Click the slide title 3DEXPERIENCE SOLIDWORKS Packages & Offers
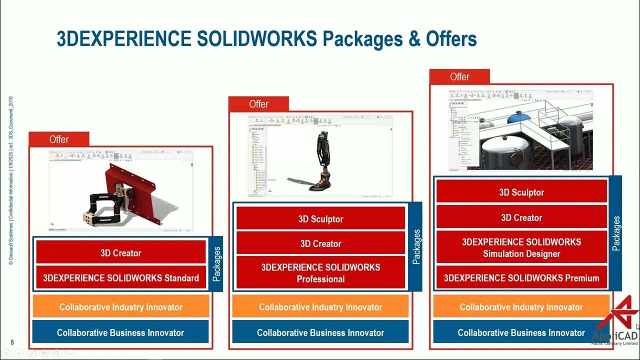click(x=266, y=39)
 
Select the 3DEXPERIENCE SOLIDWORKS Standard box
click(x=121, y=278)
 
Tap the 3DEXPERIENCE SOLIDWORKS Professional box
click(x=320, y=273)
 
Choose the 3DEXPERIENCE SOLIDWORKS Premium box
click(x=521, y=278)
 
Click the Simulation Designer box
click(x=521, y=248)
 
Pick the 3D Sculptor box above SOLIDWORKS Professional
click(x=320, y=219)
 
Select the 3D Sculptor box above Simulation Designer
click(x=521, y=192)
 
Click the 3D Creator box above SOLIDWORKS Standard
click(x=121, y=253)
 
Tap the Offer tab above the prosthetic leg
click(x=258, y=104)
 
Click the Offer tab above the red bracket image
click(x=59, y=139)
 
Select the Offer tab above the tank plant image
click(x=459, y=77)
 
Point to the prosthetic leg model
click(x=320, y=160)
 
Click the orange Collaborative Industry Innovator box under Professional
click(x=320, y=307)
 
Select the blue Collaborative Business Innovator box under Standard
click(x=120, y=332)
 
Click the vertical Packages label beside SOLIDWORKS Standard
click(x=216, y=264)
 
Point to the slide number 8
click(x=12, y=342)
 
